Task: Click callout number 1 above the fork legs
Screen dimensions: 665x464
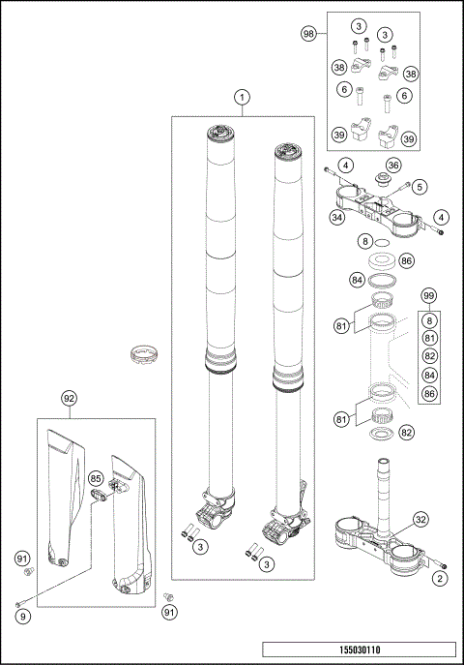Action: point(242,97)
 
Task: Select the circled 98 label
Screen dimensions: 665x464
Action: point(309,34)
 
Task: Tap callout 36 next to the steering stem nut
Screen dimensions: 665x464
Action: point(393,166)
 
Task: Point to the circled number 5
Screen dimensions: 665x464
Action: point(420,185)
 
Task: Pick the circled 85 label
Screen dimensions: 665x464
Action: point(96,478)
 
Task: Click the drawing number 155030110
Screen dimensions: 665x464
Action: point(358,651)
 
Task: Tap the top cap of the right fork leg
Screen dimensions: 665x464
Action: point(288,152)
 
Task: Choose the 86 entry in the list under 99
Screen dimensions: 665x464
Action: point(430,394)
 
